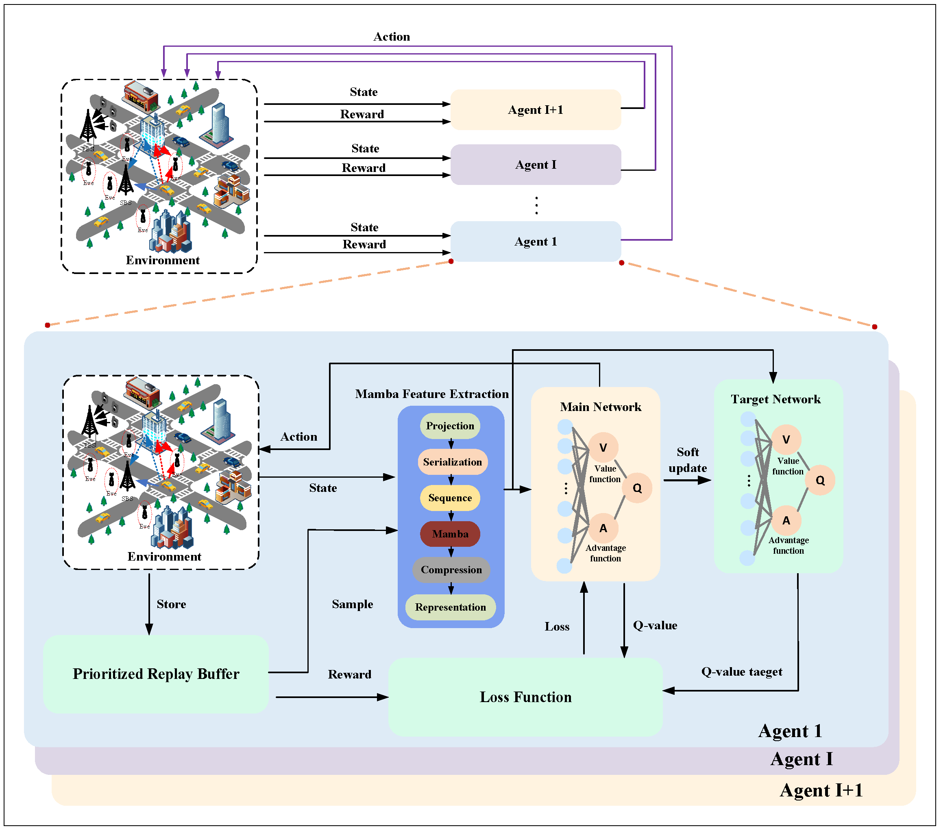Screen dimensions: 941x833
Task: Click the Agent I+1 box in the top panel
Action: tap(536, 109)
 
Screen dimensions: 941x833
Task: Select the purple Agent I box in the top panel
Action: tap(536, 165)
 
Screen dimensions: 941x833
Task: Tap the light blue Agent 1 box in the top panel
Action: tap(536, 241)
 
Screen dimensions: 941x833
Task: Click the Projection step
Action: tap(450, 426)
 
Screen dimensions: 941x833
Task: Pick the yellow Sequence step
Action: tap(450, 498)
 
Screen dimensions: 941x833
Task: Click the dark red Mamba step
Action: tap(450, 534)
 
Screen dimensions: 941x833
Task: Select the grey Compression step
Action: tap(451, 570)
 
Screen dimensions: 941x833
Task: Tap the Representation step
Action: tap(450, 607)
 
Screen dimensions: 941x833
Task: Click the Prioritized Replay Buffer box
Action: tap(156, 674)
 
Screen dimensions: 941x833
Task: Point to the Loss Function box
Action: tap(525, 697)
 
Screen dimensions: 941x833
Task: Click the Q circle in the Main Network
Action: tap(637, 488)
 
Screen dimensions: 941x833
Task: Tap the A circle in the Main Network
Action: tap(603, 529)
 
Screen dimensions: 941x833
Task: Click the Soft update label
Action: tap(687, 460)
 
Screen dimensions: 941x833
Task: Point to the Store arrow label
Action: tap(171, 604)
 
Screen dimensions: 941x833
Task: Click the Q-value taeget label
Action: tap(742, 672)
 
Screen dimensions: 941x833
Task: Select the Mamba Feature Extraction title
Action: tap(432, 394)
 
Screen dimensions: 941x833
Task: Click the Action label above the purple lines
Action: tap(391, 37)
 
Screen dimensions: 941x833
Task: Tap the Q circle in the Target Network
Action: tap(820, 480)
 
